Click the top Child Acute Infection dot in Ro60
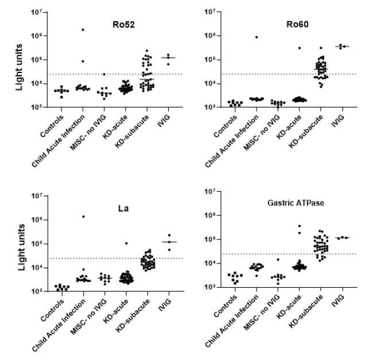[256, 37]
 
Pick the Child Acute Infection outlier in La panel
[83, 216]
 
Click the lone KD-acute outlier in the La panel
[126, 243]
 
